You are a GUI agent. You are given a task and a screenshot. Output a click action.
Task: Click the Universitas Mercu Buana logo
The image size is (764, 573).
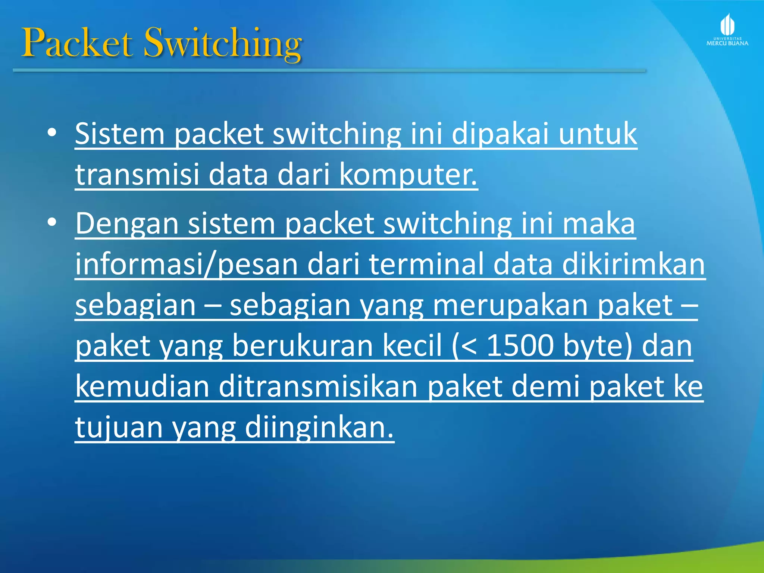pos(727,30)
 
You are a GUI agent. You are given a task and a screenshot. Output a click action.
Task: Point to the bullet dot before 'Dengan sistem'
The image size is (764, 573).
pos(52,222)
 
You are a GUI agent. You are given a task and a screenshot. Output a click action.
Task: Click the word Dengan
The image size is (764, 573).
pos(127,224)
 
